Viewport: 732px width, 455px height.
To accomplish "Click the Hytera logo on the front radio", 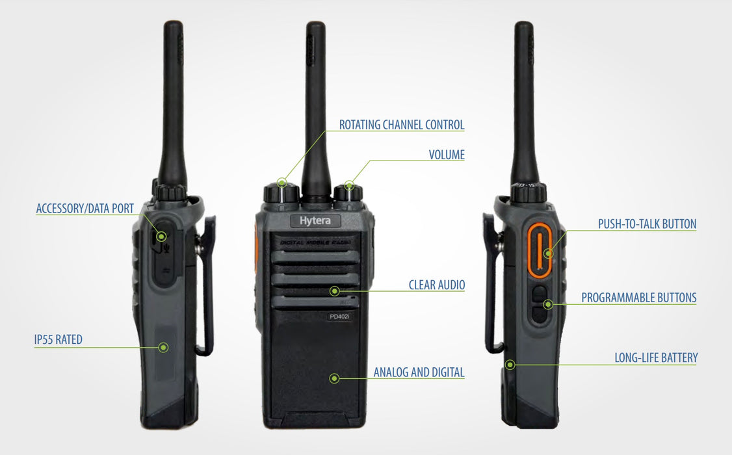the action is (315, 221).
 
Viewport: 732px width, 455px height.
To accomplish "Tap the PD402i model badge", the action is (339, 317).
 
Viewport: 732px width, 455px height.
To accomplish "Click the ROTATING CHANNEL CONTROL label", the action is (402, 125).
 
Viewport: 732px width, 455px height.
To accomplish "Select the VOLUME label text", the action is (447, 155).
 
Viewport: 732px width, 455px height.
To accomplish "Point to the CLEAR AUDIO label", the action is (436, 285).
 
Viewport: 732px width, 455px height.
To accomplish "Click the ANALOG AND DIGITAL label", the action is (419, 372).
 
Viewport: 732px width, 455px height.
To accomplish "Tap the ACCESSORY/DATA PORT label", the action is (85, 209).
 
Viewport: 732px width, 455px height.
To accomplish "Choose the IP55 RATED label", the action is (59, 339).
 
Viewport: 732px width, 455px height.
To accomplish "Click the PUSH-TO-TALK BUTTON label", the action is (647, 224).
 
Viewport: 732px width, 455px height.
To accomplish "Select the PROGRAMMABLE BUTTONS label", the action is (638, 298).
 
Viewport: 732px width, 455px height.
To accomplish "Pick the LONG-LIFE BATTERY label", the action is (656, 358).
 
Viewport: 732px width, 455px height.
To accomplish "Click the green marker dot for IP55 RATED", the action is (163, 347).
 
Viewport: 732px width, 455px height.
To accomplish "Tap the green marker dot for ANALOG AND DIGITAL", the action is (334, 378).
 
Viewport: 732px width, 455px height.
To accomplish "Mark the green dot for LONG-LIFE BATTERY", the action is (510, 365).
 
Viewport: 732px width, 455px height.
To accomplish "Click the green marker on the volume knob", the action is (349, 186).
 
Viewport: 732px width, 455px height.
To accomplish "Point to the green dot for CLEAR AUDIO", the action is (334, 291).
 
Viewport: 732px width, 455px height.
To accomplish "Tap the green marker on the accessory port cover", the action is (161, 236).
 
